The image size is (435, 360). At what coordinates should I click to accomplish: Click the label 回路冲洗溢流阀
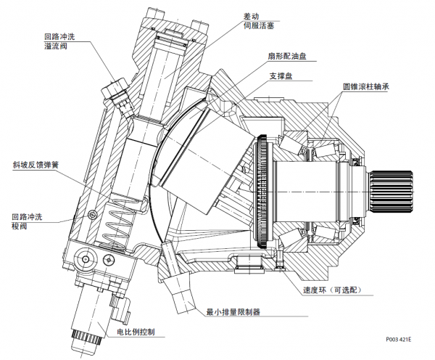59,41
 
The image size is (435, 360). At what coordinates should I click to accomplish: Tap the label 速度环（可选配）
333,290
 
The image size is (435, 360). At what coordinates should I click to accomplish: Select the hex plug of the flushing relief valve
114,91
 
